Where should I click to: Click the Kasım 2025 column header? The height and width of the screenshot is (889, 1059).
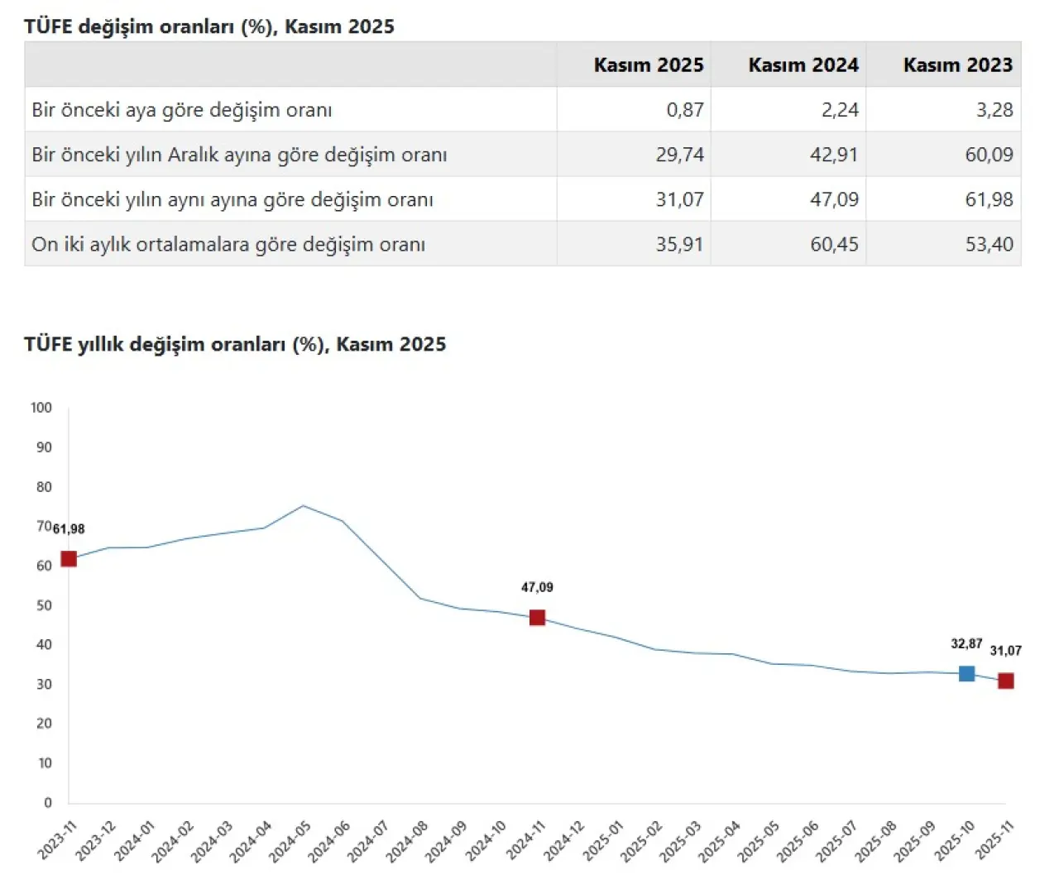point(648,65)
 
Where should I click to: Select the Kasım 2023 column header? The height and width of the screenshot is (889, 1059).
point(957,65)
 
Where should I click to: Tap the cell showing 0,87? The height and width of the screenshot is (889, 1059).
point(685,109)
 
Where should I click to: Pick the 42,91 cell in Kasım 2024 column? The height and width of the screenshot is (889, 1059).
point(833,154)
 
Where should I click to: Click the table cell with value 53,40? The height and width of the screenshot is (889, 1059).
point(989,244)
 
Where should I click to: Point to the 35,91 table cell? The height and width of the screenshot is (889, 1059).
point(679,244)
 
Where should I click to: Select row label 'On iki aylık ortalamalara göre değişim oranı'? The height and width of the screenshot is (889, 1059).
point(228,244)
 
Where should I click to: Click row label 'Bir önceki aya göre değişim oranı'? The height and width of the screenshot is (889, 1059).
point(182,109)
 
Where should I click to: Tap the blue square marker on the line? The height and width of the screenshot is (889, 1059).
point(966,673)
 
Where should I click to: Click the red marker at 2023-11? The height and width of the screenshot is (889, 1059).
point(69,559)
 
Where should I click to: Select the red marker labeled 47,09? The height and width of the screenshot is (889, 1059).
point(537,617)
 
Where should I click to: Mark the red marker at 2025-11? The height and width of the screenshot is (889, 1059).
point(1005,681)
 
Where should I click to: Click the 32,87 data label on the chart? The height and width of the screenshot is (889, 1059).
point(966,643)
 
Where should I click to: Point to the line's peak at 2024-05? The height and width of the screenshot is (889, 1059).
point(303,505)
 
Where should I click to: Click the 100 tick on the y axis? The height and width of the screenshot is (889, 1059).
point(41,408)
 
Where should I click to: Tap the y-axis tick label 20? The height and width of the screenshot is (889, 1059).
point(45,724)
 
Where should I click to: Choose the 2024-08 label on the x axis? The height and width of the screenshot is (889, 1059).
point(407,841)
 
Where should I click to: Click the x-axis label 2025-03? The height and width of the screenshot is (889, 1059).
point(680,841)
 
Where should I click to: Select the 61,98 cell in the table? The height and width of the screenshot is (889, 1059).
point(989,199)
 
